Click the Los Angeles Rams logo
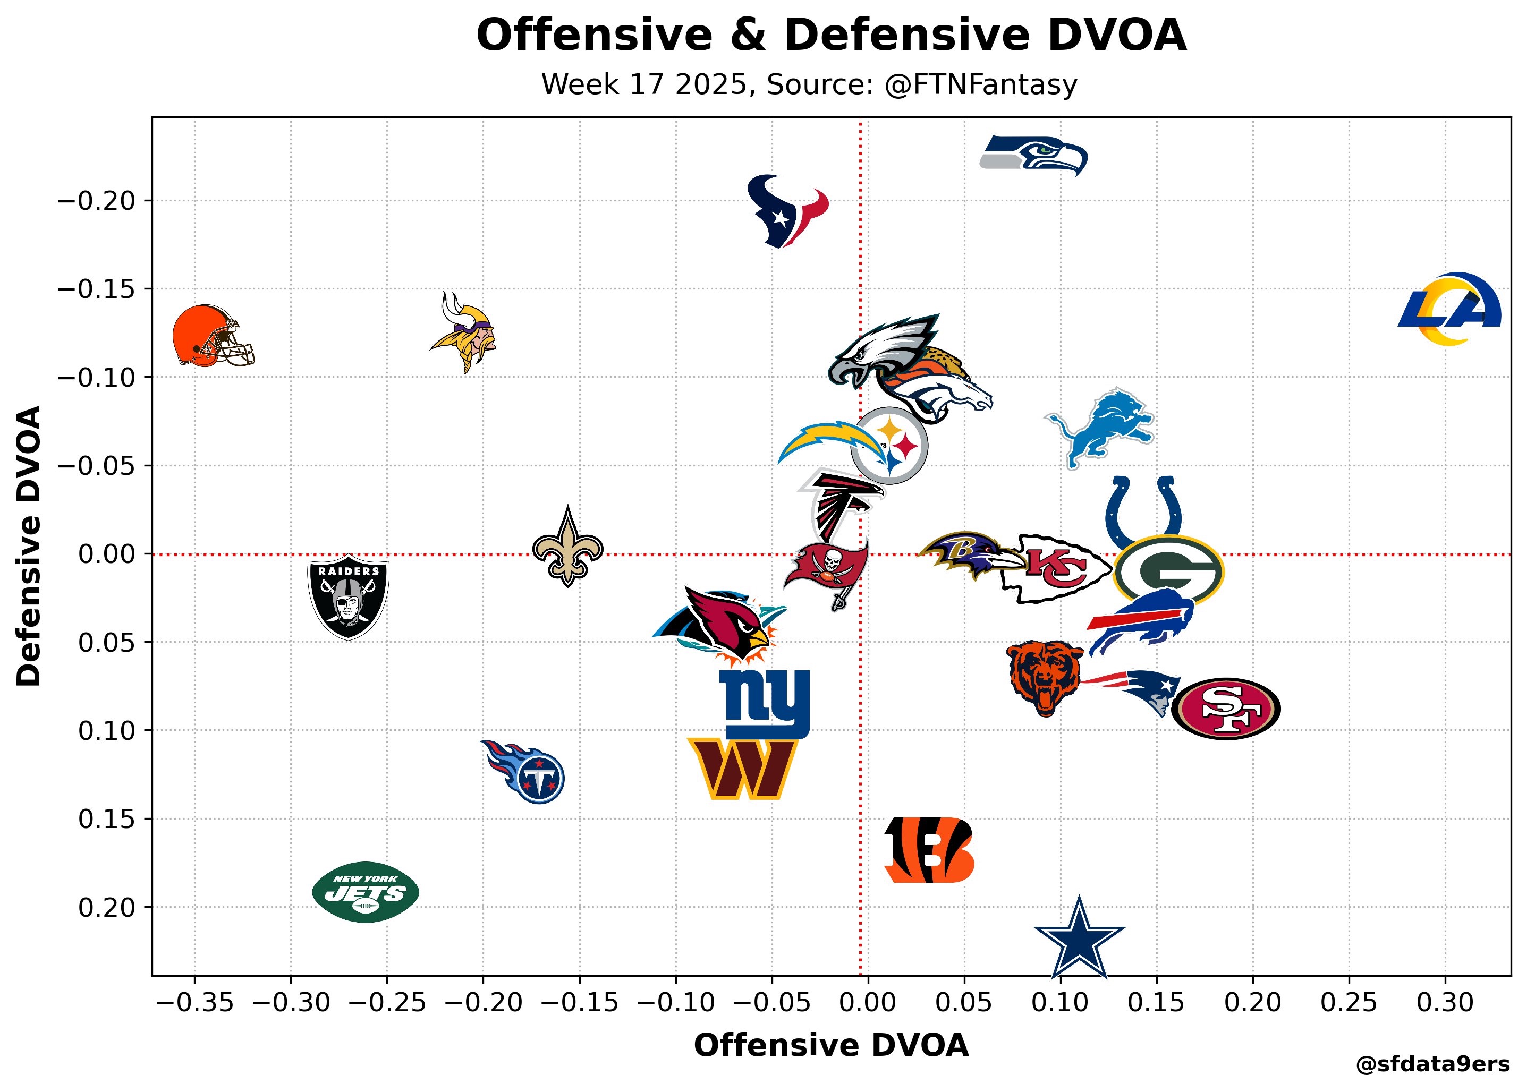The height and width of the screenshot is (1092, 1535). point(1449,309)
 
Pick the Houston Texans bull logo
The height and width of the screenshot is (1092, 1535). point(787,210)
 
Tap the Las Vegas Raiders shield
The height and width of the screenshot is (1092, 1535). point(348,596)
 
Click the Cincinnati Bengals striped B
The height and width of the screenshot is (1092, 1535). point(928,850)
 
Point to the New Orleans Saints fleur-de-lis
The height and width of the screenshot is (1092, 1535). point(567,548)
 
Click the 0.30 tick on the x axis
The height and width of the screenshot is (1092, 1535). point(1445,1003)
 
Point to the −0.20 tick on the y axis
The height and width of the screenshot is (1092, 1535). point(96,201)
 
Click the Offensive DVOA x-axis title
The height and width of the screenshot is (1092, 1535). point(831,1046)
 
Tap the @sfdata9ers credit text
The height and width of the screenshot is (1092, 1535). point(1433,1064)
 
